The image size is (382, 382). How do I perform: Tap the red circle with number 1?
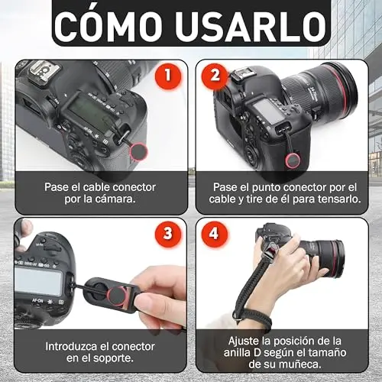(x=168, y=76)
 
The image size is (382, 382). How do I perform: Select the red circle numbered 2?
(x=215, y=76)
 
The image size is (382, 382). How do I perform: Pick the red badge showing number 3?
(x=168, y=233)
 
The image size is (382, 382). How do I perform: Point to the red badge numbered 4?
(x=214, y=233)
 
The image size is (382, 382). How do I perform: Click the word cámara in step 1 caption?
(x=117, y=199)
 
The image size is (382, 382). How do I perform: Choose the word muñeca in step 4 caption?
(x=301, y=364)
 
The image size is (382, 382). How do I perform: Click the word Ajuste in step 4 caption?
(x=244, y=342)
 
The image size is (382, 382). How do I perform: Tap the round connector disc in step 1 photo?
(x=139, y=151)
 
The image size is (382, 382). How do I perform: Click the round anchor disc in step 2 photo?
(x=293, y=161)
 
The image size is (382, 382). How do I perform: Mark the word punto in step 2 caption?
(x=267, y=188)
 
